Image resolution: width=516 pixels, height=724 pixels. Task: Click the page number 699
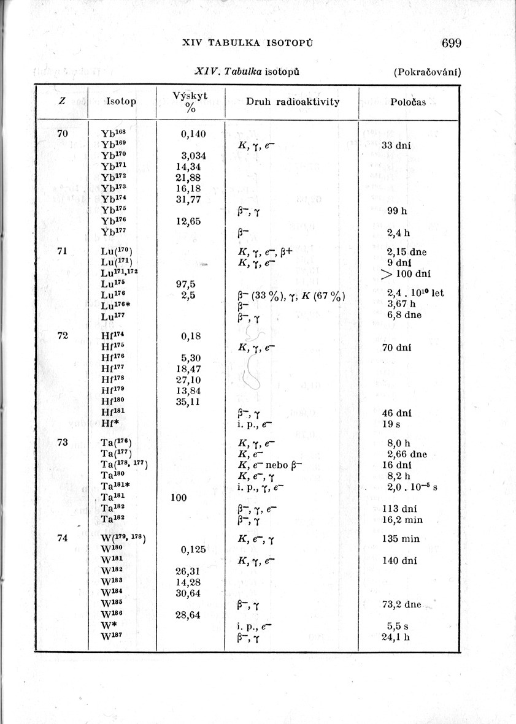[x=450, y=43]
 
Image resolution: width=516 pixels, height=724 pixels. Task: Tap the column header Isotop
[x=121, y=101]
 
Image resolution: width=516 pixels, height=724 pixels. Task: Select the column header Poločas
[x=408, y=102]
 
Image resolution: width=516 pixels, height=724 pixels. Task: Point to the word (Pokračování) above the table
[x=427, y=72]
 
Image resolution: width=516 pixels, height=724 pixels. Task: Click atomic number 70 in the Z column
[x=63, y=133]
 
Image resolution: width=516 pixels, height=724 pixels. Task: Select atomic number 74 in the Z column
[x=62, y=538]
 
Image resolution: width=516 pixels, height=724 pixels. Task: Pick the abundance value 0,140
[x=193, y=134]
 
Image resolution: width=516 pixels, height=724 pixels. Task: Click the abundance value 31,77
[x=189, y=199]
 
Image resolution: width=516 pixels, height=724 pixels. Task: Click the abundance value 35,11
[x=189, y=402]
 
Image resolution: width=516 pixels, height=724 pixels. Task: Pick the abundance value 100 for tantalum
[x=179, y=498]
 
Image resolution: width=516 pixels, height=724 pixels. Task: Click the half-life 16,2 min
[x=402, y=520]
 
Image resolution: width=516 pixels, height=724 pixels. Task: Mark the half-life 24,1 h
[x=395, y=636]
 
